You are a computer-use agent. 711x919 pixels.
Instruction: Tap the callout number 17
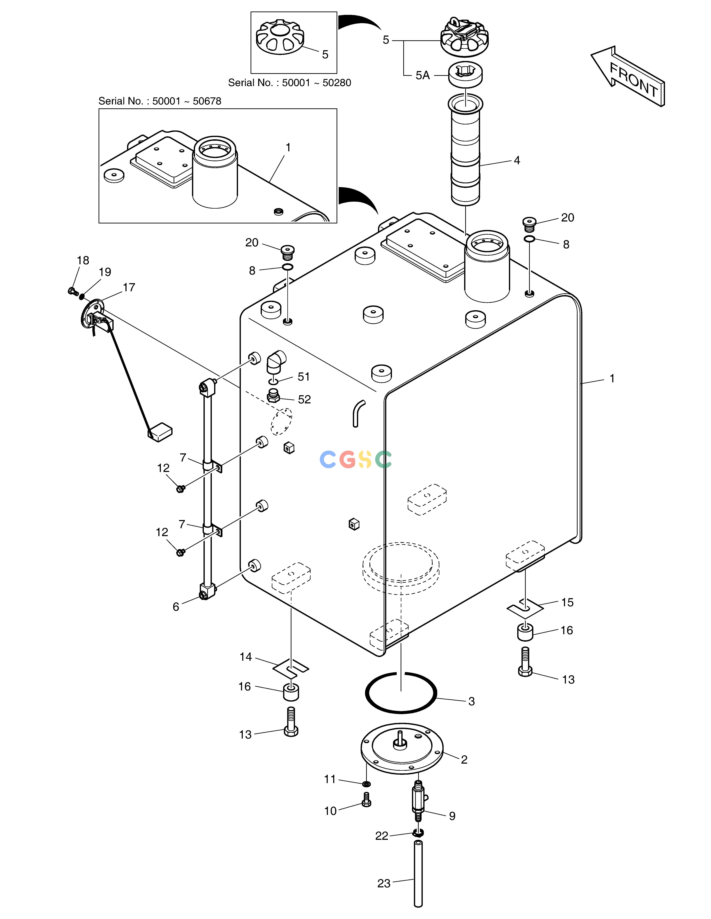(x=129, y=287)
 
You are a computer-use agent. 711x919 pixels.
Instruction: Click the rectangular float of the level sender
(x=160, y=432)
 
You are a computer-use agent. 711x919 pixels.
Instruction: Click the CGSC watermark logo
(x=356, y=460)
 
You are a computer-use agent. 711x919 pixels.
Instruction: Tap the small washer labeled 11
(x=366, y=784)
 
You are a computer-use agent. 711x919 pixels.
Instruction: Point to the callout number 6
(x=176, y=606)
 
